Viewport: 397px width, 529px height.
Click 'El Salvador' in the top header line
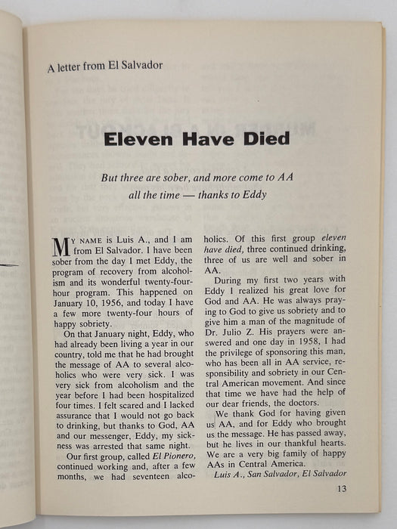135,65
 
